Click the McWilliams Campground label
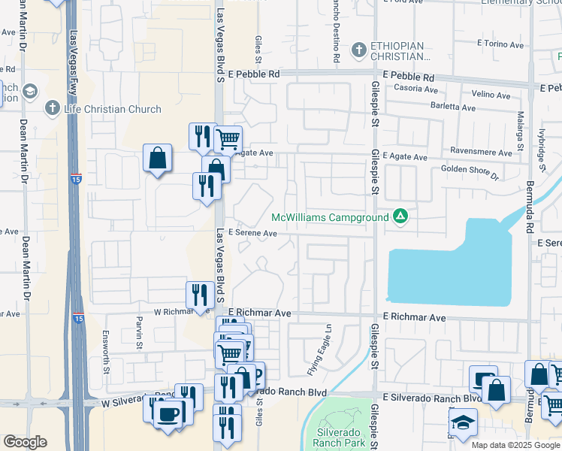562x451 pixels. [x=330, y=217]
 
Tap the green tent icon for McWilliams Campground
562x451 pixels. [x=400, y=217]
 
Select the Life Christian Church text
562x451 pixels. [x=113, y=109]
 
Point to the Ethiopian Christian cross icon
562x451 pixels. [x=359, y=50]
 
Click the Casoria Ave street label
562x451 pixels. [x=411, y=89]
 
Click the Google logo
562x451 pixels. [x=25, y=442]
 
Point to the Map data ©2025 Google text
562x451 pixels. [x=515, y=445]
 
